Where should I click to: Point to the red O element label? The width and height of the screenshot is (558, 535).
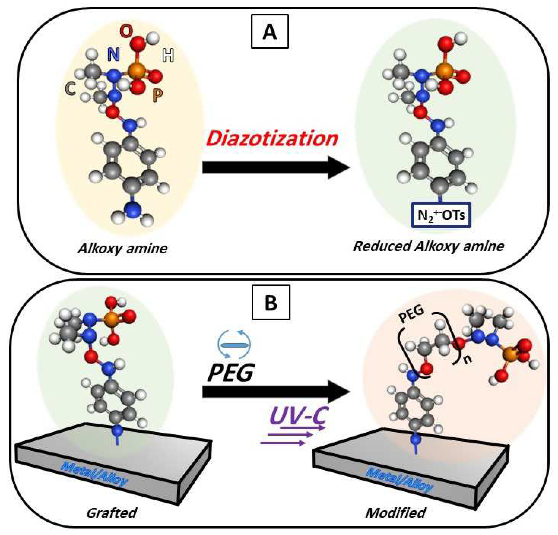coord(126,31)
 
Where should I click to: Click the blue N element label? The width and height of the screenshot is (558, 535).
coord(113,54)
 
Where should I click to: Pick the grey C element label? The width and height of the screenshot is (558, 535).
coord(70,89)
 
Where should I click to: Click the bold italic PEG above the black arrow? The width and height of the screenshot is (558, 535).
coord(230,373)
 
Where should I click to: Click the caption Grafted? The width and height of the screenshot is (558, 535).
coord(111,513)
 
